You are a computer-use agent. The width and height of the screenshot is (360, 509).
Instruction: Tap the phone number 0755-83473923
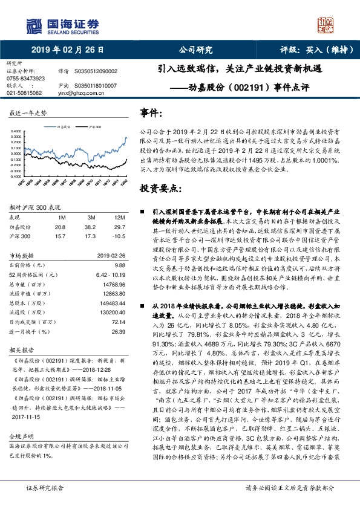click(x=25, y=79)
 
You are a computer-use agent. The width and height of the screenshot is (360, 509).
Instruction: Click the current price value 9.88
click(x=119, y=265)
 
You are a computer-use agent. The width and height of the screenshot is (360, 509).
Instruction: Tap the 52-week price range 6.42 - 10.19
click(x=110, y=274)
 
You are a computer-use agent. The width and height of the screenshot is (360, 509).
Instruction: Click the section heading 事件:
click(x=151, y=113)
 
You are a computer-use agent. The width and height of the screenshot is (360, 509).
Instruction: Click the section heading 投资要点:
click(x=160, y=189)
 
